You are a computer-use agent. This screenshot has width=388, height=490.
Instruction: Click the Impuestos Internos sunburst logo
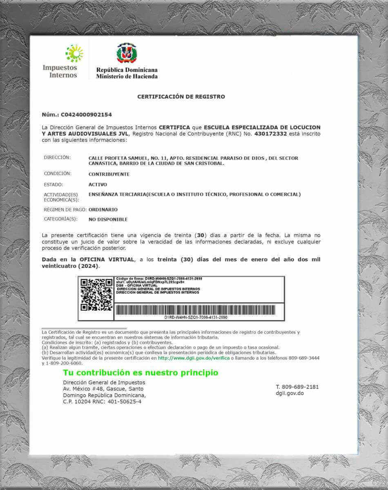click(74, 53)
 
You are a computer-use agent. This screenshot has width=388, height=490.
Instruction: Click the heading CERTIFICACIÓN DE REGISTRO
click(181, 97)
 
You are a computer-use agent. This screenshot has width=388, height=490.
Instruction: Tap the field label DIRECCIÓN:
click(57, 158)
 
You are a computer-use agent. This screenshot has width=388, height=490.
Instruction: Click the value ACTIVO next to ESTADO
click(98, 185)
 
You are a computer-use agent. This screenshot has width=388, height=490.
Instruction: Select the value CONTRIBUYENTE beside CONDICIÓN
click(109, 174)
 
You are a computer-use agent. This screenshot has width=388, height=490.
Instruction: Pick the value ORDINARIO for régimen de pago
click(103, 209)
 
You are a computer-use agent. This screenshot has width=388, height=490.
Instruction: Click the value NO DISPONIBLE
click(108, 219)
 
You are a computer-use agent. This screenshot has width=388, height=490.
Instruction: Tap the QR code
click(96, 294)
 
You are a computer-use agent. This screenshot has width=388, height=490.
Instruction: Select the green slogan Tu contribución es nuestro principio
click(140, 373)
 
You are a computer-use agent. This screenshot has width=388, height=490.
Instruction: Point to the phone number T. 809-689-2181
click(297, 387)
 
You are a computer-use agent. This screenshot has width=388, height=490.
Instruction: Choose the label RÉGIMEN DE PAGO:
click(65, 209)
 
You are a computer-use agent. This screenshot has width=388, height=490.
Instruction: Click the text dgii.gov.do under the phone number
click(290, 393)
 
